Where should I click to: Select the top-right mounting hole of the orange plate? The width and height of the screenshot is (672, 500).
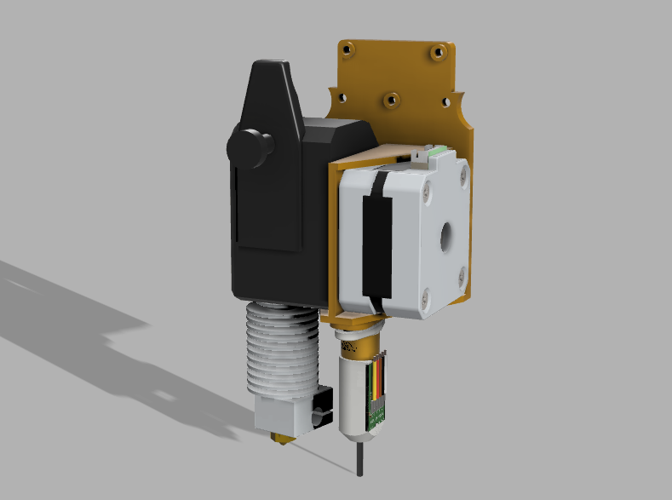pos(438,52)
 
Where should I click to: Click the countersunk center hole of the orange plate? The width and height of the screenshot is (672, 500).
pos(391,100)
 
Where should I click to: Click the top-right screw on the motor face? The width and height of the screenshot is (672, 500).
pos(462,173)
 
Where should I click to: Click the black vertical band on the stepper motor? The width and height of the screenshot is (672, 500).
pos(372,247)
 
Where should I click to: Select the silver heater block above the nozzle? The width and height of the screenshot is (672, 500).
pos(281,417)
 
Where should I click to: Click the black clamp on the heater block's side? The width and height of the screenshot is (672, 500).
pos(321,406)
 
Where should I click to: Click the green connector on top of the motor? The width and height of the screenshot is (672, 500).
pos(436,150)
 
